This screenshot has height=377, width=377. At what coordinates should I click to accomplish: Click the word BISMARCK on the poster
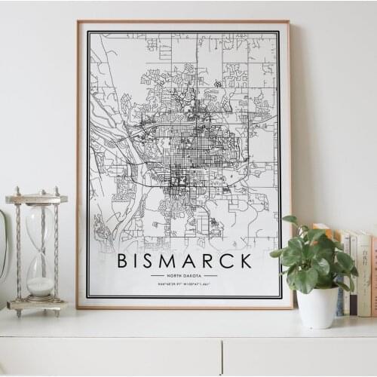[184, 261]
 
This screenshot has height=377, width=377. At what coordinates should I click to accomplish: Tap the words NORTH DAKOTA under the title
[184, 275]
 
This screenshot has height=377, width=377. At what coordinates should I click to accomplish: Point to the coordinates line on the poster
[184, 284]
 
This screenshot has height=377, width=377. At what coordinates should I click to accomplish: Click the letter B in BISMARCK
[123, 261]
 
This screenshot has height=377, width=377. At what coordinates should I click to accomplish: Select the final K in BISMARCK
[245, 261]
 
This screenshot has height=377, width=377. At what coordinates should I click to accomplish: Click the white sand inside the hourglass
[40, 286]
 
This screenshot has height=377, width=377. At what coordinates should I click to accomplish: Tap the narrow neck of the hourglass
[40, 252]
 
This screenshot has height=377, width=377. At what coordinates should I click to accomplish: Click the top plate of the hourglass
[36, 199]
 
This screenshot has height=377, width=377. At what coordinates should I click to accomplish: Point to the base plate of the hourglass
[36, 305]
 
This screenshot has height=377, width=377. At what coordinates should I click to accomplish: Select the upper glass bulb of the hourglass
[40, 226]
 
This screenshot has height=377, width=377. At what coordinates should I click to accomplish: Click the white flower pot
[317, 307]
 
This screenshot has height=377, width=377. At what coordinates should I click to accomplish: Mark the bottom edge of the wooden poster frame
[184, 307]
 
